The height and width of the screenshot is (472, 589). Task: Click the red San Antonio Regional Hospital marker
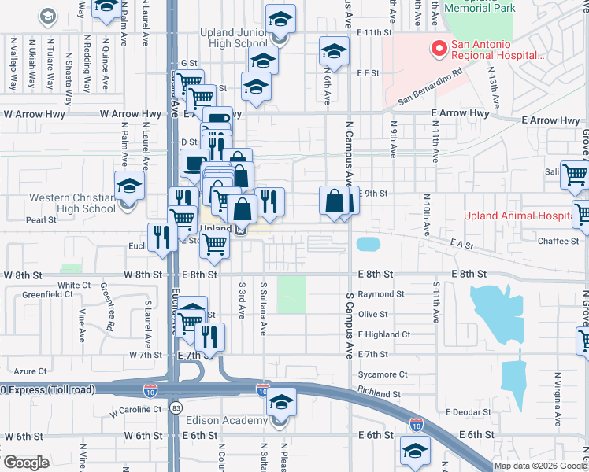click(x=437, y=49)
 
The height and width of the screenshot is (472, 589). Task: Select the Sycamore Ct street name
click(x=382, y=374)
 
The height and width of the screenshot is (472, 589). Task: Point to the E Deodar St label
click(x=468, y=411)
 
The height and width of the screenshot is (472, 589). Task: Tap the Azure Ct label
click(x=31, y=371)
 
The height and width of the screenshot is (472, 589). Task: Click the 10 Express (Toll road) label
click(x=47, y=389)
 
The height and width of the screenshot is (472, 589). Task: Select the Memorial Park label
click(x=479, y=8)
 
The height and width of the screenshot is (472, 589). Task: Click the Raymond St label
click(x=380, y=294)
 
